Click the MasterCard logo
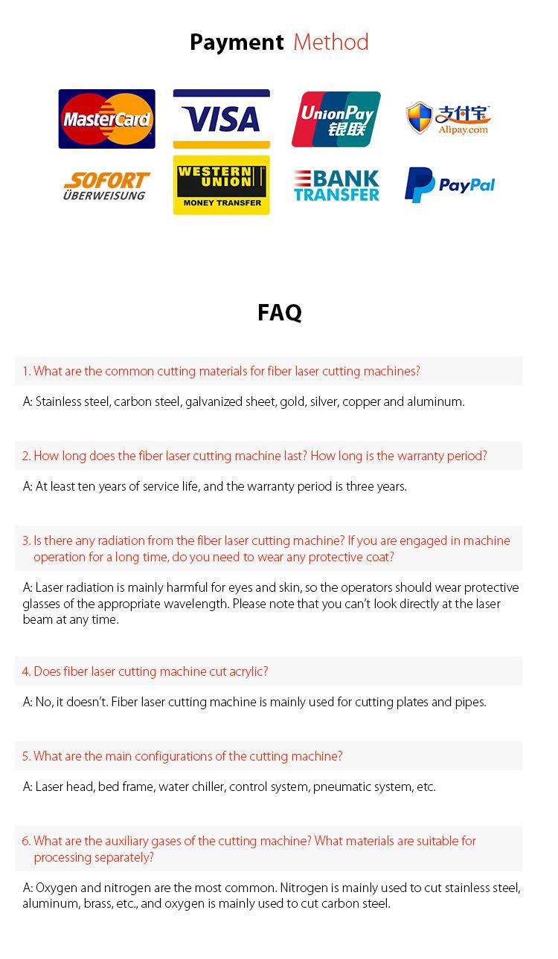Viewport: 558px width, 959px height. [107, 119]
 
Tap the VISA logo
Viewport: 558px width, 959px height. [222, 119]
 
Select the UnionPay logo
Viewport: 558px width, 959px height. [336, 119]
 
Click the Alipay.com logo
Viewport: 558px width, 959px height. [449, 119]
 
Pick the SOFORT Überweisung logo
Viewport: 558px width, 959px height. [106, 186]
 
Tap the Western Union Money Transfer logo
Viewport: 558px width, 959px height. [222, 185]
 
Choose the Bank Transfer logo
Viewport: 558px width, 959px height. [336, 186]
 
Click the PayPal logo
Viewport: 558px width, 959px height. [450, 185]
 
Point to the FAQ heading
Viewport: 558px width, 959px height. [280, 312]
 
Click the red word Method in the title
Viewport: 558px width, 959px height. [331, 42]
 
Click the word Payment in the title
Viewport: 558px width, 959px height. [237, 42]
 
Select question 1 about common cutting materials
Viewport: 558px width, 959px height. [221, 371]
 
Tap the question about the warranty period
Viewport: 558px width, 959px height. [254, 456]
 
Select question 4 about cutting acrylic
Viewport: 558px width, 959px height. [145, 671]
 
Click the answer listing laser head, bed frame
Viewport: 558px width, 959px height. [229, 787]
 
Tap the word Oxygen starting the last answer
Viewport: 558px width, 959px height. [56, 888]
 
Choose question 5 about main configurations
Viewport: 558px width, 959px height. [182, 756]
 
